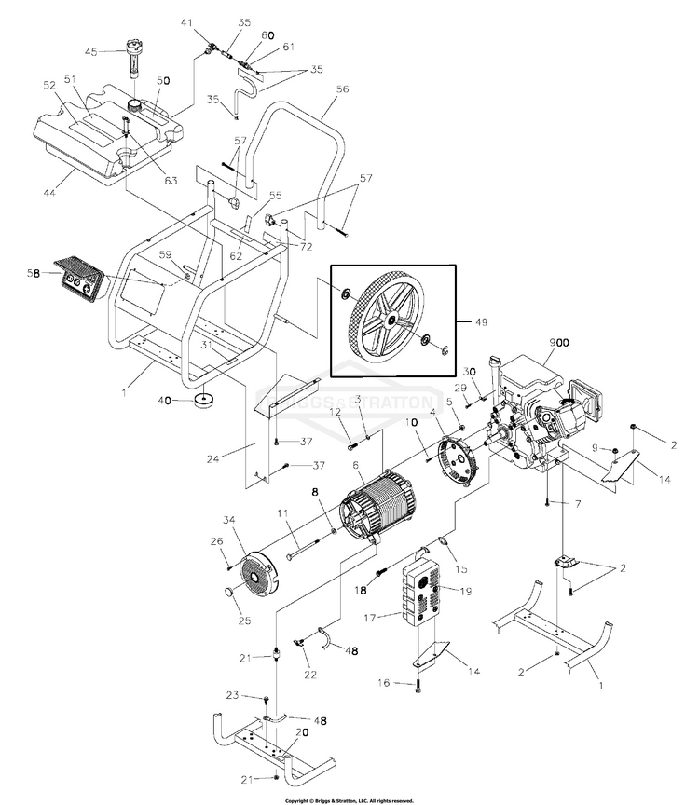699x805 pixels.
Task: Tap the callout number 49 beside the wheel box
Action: tap(481, 322)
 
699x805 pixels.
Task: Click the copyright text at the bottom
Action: tap(349, 799)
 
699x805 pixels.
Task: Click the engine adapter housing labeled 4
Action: tap(458, 457)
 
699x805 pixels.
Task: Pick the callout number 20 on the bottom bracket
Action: tap(300, 731)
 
